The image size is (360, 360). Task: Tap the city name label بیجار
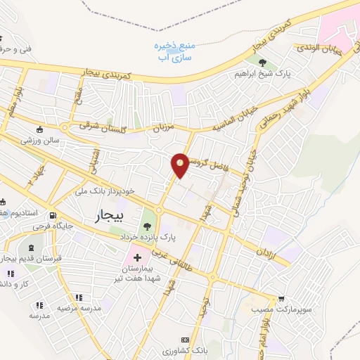109,217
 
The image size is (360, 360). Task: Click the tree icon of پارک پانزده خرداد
148,226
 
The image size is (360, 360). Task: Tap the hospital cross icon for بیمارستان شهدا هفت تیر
137,268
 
